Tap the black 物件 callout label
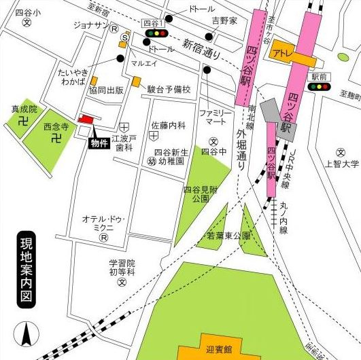click(99, 143)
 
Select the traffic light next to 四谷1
click(157, 33)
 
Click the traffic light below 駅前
click(319, 87)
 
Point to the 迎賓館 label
click(218, 350)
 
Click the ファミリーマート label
click(212, 117)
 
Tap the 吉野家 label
click(224, 22)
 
